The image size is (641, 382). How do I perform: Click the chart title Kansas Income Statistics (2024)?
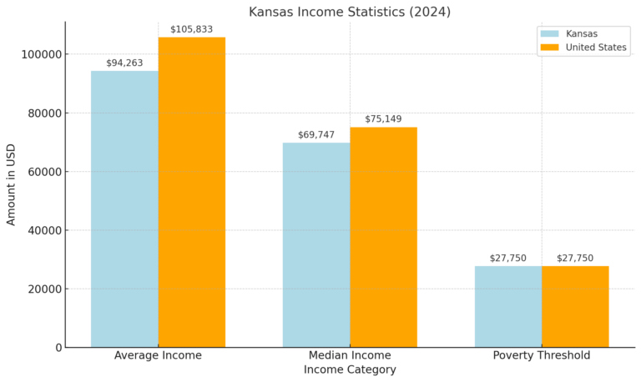[350, 12]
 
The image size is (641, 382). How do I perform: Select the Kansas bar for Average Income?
[124, 209]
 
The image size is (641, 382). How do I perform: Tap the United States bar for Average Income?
[191, 192]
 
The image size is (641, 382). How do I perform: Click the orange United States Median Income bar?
[383, 237]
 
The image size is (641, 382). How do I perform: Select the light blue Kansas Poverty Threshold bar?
[508, 306]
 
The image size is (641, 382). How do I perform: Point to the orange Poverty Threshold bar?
[575, 306]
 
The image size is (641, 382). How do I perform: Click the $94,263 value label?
[125, 63]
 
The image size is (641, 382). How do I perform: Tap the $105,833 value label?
[191, 29]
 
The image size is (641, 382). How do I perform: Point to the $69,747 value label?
[316, 135]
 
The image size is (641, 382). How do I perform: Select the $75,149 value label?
[383, 119]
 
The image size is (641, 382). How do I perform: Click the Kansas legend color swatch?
[549, 34]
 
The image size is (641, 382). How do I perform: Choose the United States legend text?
[596, 48]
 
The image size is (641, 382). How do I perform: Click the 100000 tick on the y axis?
[42, 54]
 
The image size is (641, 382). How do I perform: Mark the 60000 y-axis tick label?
[44, 172]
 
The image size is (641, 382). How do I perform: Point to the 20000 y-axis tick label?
[44, 289]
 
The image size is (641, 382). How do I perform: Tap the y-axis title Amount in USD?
[12, 184]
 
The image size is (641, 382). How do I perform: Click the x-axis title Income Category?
[350, 369]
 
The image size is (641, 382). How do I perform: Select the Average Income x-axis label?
[158, 355]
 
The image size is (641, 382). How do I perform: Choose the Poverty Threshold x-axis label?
[542, 355]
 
